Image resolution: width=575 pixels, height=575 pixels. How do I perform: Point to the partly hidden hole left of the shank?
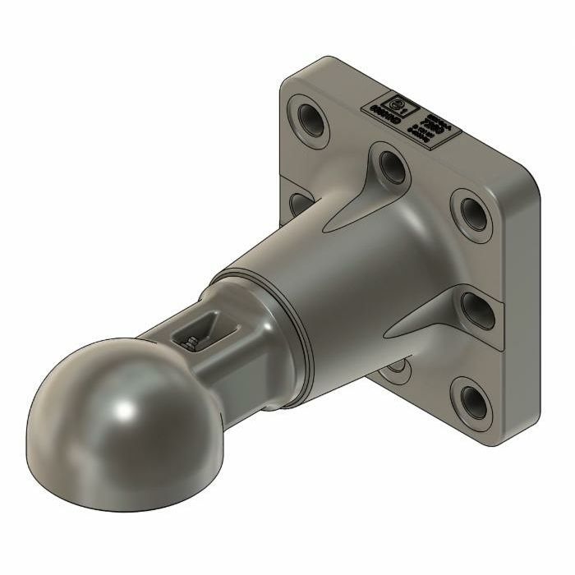point(301,201)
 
